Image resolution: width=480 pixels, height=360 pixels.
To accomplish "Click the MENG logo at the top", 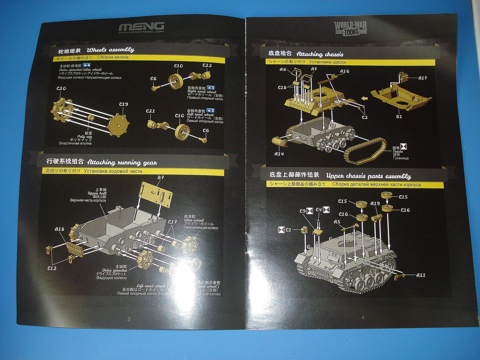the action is point(141,27).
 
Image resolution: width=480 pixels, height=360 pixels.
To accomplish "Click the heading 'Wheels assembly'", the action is point(110,50).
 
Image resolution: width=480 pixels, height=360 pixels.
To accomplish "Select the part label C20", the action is point(61,88).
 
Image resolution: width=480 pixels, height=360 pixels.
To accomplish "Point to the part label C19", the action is point(123,104).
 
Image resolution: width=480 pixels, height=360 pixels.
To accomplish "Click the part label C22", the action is point(207,65).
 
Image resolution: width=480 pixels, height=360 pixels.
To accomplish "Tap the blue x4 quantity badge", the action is point(87,66).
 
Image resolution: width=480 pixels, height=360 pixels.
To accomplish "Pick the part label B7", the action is point(160,178).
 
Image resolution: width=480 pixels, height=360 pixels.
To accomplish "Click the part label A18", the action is point(60,229).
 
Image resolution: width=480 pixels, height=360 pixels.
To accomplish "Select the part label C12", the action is point(52,268).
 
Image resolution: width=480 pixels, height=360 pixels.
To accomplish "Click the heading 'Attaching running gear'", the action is point(122,163).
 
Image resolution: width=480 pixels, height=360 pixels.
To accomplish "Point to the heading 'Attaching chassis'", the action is point(320,54).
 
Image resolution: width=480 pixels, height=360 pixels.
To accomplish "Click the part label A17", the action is point(422,78).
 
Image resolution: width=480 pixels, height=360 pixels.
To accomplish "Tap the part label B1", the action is point(399,116).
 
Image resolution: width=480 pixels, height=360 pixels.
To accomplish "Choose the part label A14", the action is point(279,154).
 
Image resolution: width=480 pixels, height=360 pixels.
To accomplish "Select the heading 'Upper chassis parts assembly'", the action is point(368,176).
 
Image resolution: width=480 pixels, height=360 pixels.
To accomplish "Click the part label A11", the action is point(421,275).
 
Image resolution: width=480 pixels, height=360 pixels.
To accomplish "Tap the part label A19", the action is point(375,203).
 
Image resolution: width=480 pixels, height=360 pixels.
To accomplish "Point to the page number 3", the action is point(129,319).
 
